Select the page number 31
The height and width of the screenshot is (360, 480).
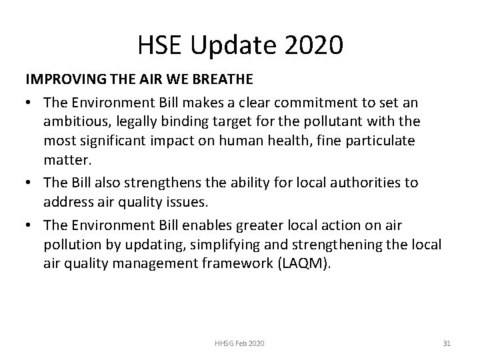[447, 343]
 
